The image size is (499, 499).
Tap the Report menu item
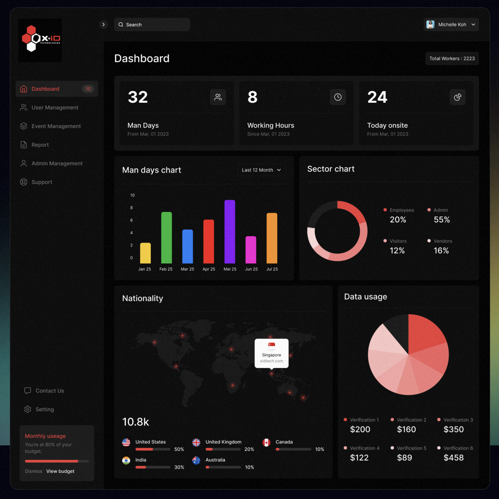click(x=40, y=145)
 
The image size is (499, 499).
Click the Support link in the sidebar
click(x=42, y=182)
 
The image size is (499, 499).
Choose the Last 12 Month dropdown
click(x=261, y=170)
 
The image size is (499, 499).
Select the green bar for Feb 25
click(x=166, y=238)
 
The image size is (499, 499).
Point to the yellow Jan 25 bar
click(x=145, y=253)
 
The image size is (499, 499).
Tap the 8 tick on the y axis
click(x=131, y=208)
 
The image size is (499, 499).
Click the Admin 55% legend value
click(x=441, y=219)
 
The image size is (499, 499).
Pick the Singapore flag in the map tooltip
click(x=271, y=344)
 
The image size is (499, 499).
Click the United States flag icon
click(x=126, y=442)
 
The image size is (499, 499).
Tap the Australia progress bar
click(x=223, y=467)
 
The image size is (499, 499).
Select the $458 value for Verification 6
click(x=453, y=458)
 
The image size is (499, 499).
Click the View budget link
click(x=60, y=471)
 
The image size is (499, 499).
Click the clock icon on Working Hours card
click(x=338, y=97)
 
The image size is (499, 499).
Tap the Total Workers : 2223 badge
click(x=452, y=59)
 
